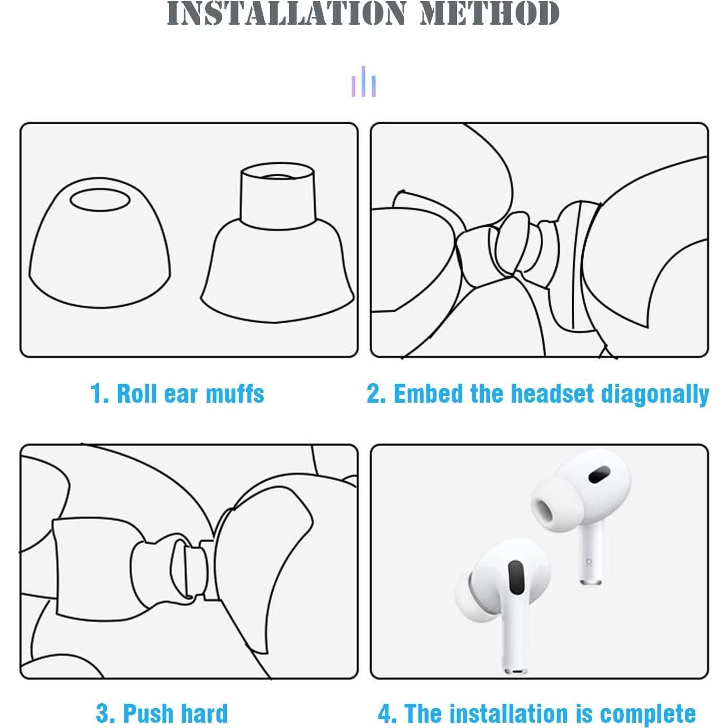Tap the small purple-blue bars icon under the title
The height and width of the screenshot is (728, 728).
(364, 82)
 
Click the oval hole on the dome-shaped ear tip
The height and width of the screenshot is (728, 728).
(100, 201)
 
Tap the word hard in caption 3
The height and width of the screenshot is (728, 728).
(204, 713)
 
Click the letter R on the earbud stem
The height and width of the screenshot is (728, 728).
(589, 563)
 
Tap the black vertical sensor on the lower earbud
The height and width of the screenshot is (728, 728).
(515, 579)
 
